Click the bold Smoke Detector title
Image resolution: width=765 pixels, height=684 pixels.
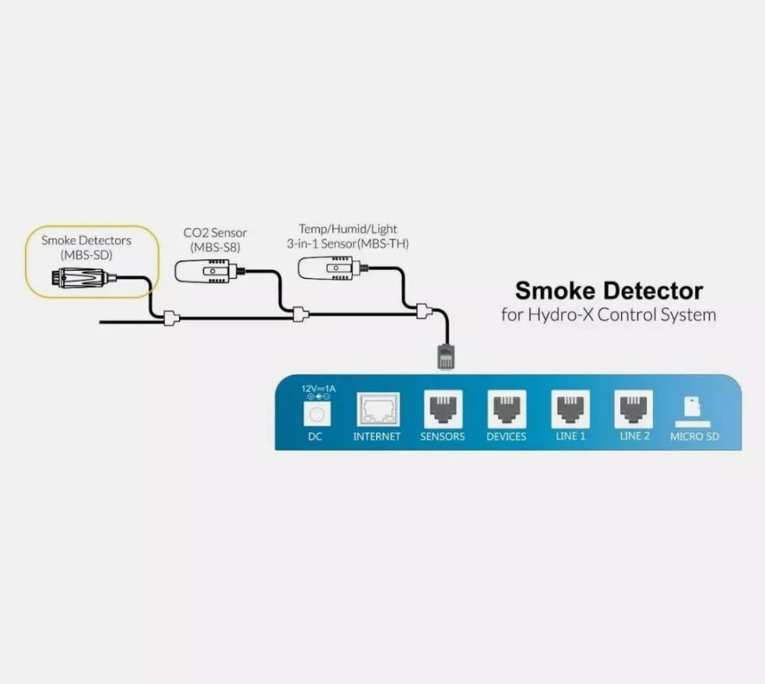coord(609,291)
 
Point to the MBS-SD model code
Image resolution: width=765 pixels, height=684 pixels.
coord(86,254)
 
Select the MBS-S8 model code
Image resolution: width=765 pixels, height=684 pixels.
coord(216,247)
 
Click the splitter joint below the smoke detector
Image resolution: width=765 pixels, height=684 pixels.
coord(170,317)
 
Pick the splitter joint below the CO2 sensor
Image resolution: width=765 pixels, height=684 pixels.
coord(299,314)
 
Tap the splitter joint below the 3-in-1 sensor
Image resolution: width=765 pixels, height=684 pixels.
coord(423,312)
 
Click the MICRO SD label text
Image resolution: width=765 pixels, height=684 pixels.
coord(694,437)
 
